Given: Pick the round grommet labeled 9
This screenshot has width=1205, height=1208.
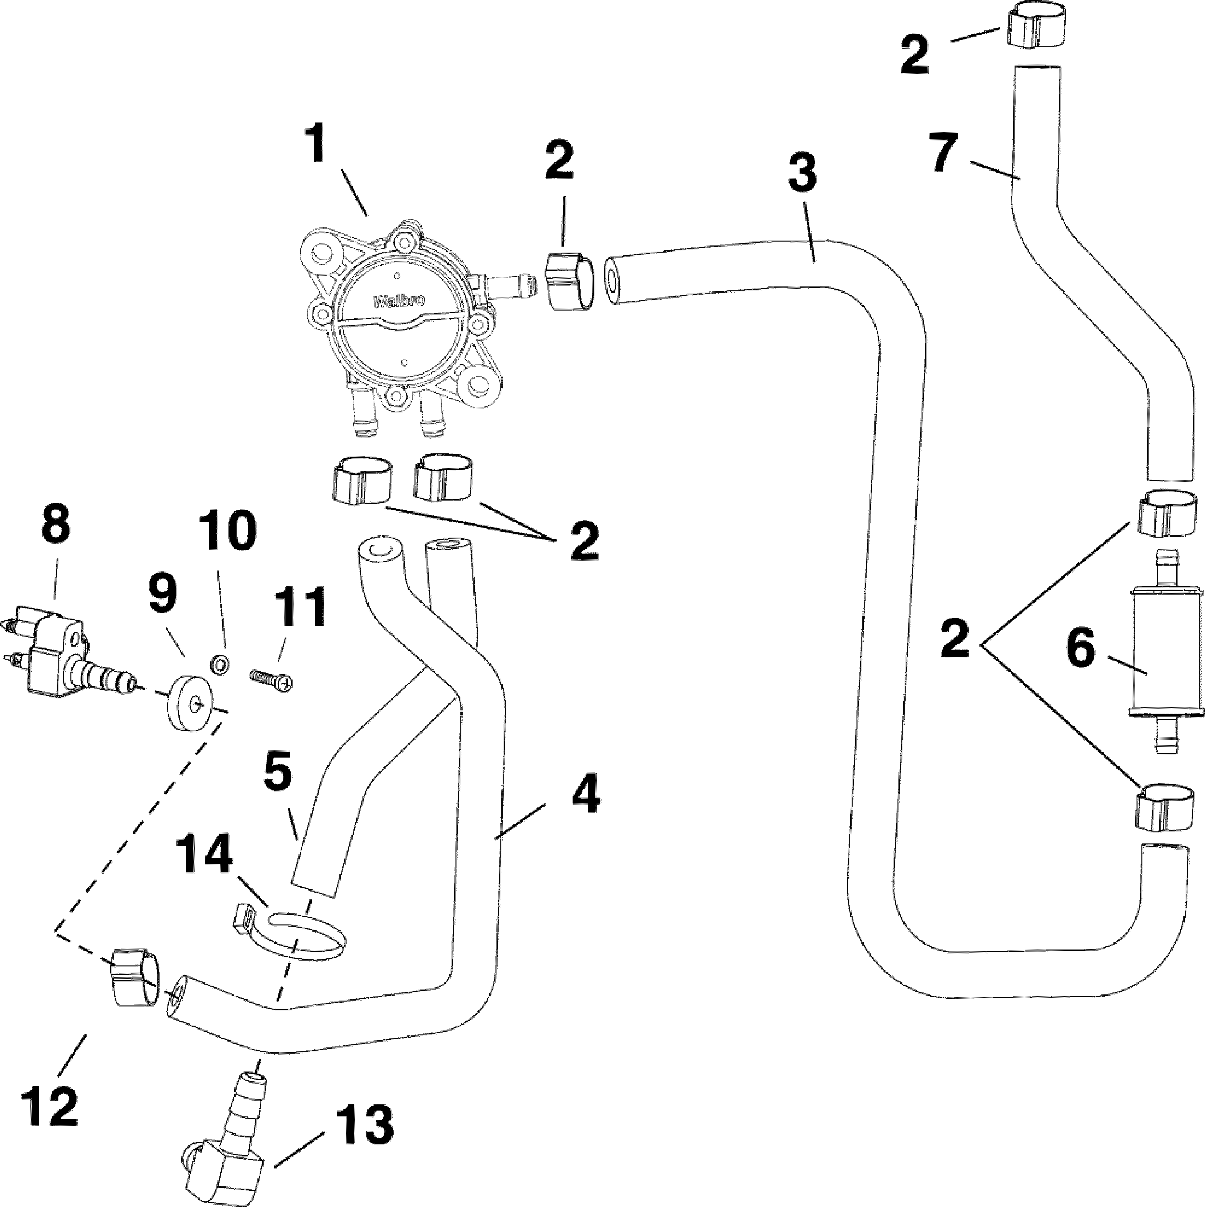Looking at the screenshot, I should click(x=188, y=707).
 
